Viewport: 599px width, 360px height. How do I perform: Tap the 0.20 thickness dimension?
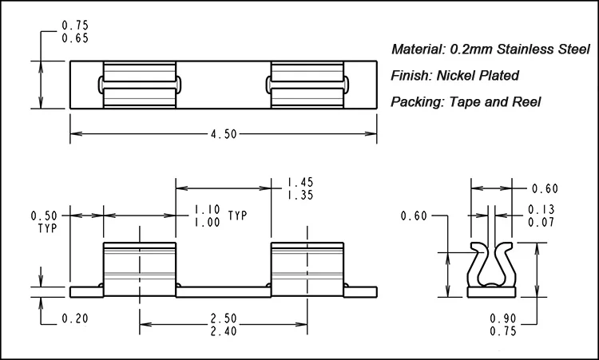pos(75,318)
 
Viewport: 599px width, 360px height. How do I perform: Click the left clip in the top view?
pos(140,85)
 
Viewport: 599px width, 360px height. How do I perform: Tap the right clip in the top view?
pos(307,85)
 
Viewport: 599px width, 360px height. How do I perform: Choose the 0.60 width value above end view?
pos(545,189)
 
